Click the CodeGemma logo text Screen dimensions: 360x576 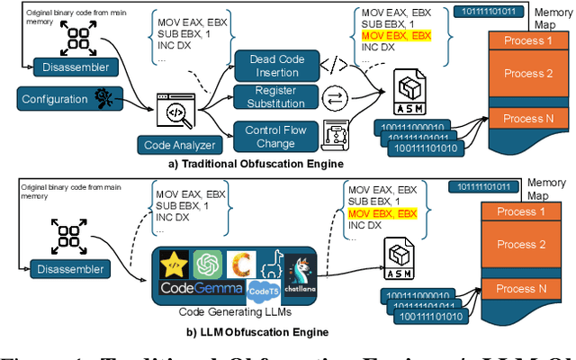click(202, 288)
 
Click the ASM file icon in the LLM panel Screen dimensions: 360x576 click(400, 262)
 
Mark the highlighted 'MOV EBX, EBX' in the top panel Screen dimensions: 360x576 click(396, 35)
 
